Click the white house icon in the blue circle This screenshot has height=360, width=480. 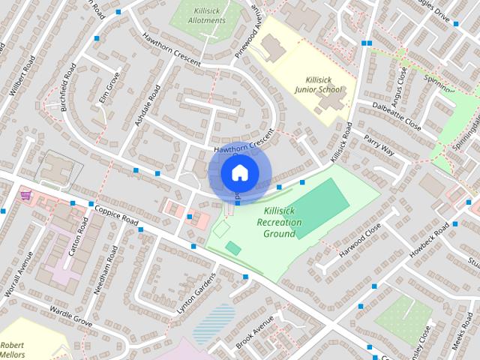pyautogui.click(x=238, y=173)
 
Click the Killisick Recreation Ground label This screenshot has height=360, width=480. pyautogui.click(x=279, y=223)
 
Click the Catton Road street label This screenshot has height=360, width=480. pyautogui.click(x=79, y=238)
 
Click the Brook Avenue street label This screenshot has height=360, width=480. pyautogui.click(x=256, y=329)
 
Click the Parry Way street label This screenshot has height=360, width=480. pyautogui.click(x=378, y=143)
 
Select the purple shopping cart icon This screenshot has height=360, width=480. pyautogui.click(x=26, y=195)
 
